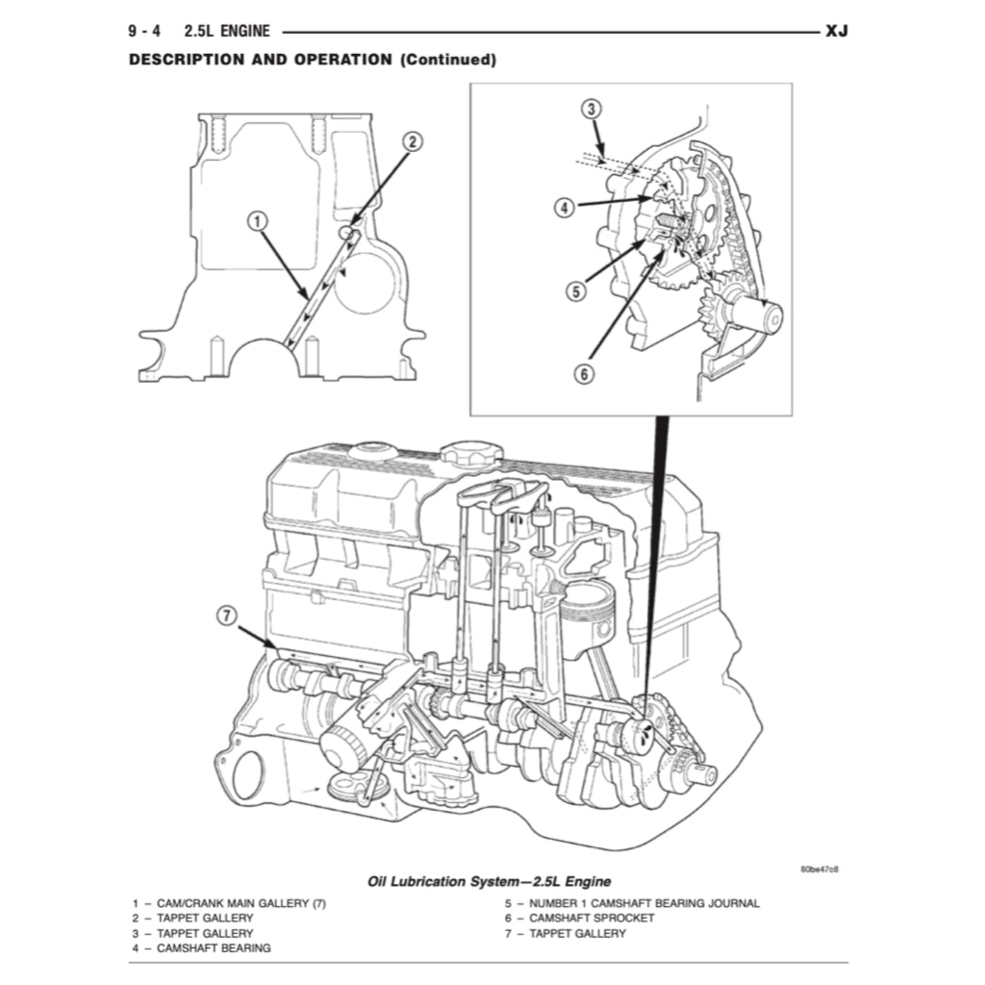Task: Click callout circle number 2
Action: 411,142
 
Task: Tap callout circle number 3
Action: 593,109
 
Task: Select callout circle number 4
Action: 565,206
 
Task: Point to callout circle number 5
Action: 575,290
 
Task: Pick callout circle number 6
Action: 584,374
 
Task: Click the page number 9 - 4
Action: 144,32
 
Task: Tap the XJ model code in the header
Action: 836,32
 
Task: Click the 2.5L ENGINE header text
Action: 227,32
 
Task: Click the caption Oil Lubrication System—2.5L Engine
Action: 489,881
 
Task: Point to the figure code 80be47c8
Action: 819,870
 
